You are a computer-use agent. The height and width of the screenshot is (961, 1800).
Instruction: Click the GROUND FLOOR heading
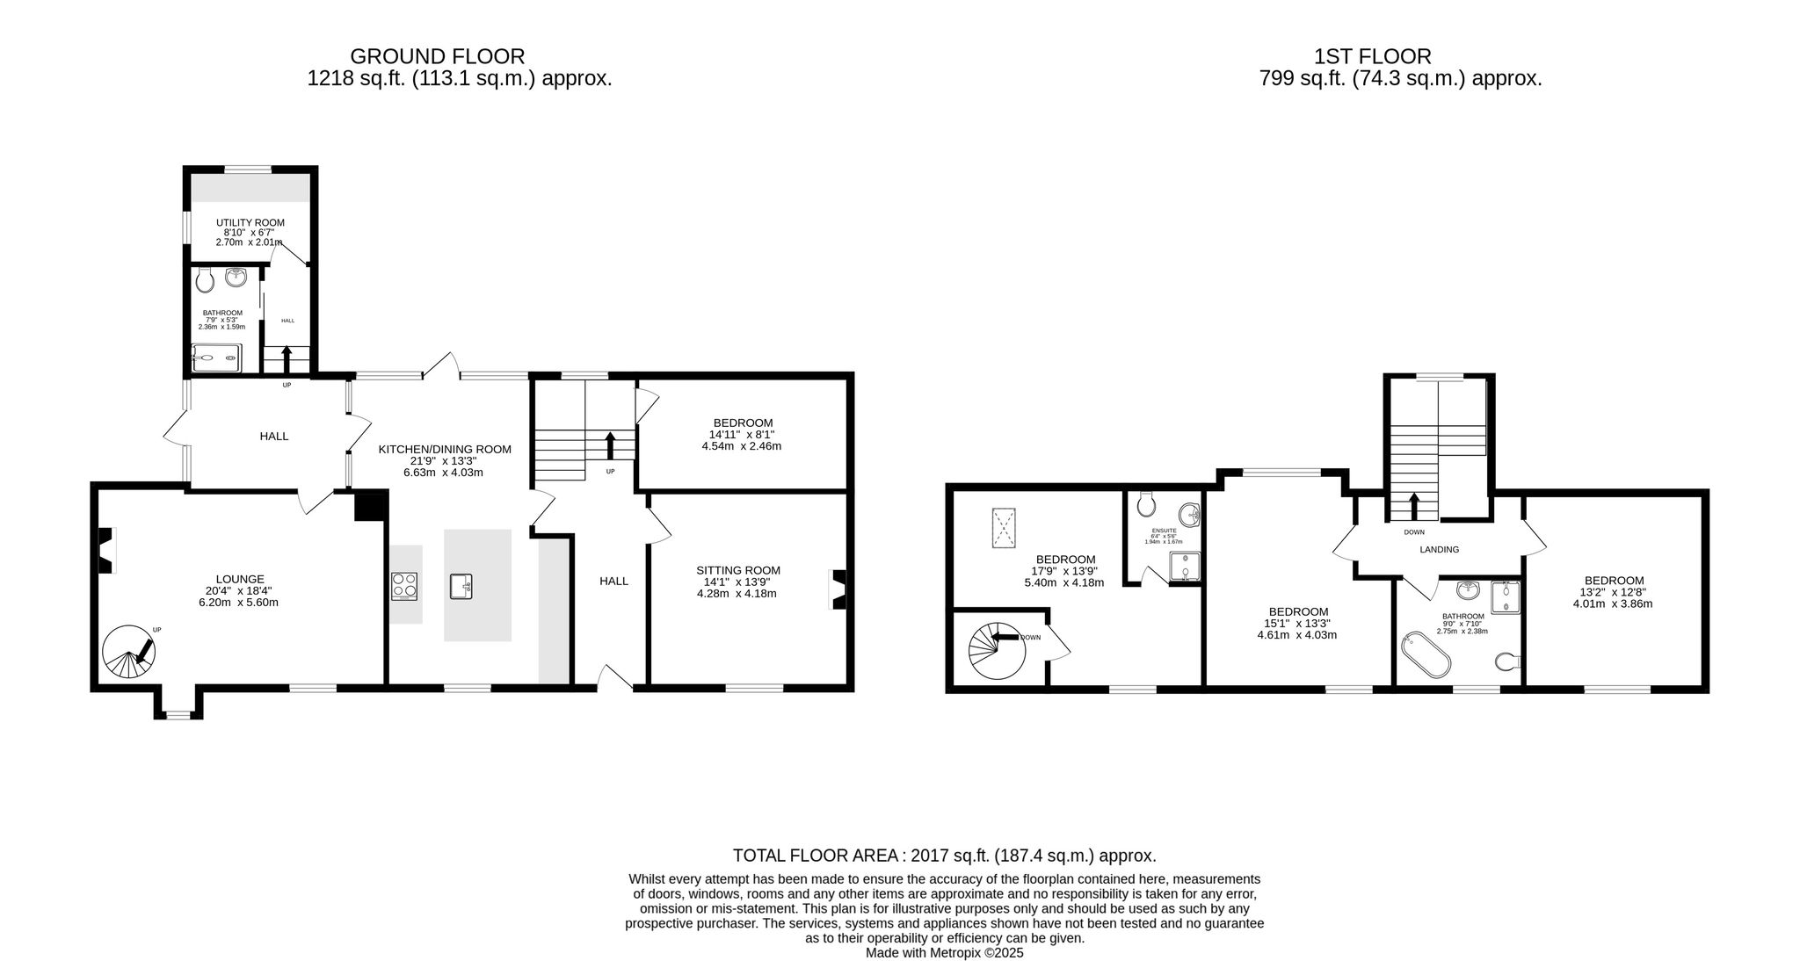tap(437, 56)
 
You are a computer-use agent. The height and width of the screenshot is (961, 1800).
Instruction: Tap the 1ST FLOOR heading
tap(1372, 56)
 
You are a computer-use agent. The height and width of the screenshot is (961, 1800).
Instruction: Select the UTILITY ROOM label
tap(250, 222)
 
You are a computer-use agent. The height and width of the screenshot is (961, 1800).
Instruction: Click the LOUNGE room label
tap(240, 579)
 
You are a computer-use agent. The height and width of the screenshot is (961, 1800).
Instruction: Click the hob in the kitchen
tap(404, 585)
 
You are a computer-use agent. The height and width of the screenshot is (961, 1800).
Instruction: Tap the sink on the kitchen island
tap(461, 585)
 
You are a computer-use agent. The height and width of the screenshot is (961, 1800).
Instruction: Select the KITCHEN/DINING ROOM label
tap(445, 449)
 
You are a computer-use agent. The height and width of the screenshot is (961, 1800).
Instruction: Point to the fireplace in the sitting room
tap(838, 589)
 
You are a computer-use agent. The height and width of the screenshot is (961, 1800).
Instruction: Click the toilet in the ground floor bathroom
tap(205, 280)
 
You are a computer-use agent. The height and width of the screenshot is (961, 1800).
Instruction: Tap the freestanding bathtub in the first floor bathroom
tap(1426, 653)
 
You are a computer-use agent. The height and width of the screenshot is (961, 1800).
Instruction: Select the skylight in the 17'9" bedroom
tap(1002, 530)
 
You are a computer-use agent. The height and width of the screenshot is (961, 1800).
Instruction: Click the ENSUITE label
tap(1164, 531)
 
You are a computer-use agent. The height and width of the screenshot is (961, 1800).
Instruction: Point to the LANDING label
tap(1440, 550)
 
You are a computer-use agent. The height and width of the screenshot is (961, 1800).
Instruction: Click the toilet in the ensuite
tap(1145, 504)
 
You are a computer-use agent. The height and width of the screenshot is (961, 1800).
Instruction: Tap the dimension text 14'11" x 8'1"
tap(742, 434)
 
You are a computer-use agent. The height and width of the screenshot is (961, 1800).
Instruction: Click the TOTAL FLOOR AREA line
tap(945, 856)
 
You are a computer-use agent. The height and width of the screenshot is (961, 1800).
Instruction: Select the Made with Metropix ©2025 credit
tap(945, 952)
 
